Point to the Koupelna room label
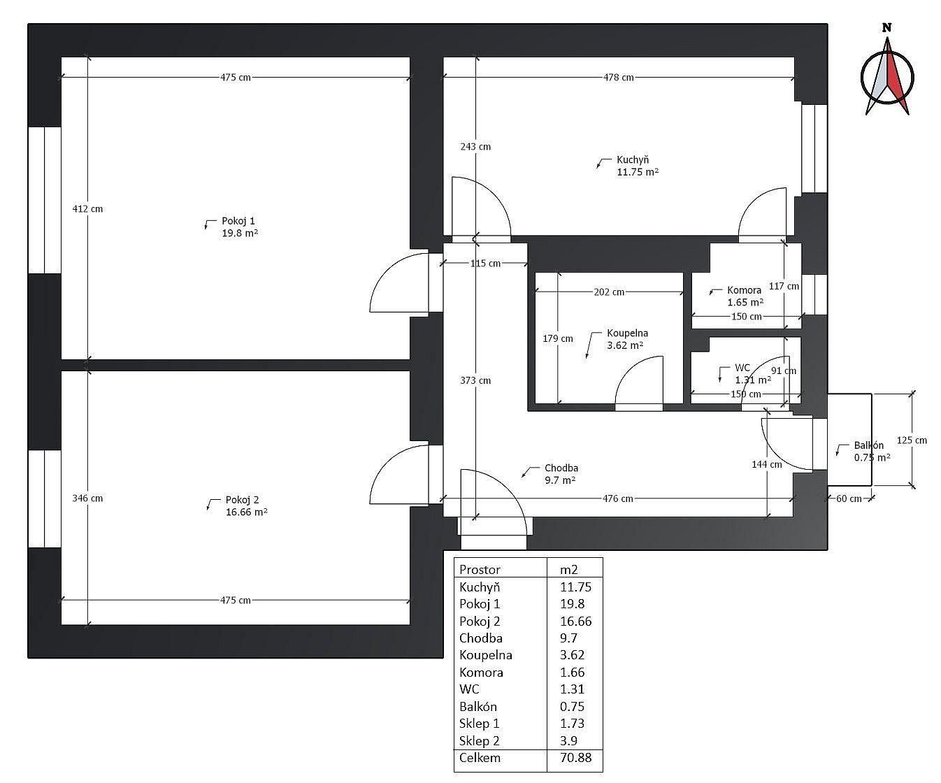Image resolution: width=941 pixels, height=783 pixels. coord(626,339)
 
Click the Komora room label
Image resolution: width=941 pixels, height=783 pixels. coord(744,296)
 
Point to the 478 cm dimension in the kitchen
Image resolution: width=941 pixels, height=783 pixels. coord(618,78)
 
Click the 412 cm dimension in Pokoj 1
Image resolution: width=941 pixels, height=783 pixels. coord(87,208)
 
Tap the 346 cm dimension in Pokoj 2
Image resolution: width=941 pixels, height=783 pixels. coord(87,498)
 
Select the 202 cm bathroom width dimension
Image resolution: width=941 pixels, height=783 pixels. coord(608,292)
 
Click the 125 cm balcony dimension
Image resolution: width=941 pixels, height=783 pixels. coord(911,440)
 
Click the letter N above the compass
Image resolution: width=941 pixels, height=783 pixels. coord(886,29)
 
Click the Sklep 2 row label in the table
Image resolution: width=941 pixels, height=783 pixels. coord(480,741)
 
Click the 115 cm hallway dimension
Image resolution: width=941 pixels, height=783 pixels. coord(485,264)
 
